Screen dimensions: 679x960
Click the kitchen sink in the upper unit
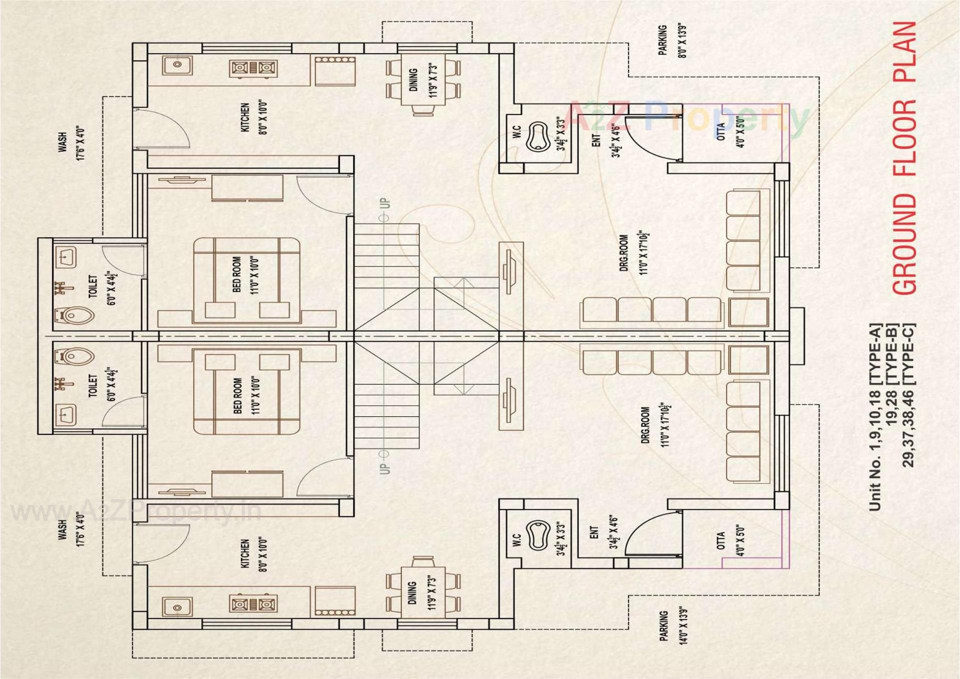click(x=177, y=65)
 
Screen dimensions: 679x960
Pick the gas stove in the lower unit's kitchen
click(x=253, y=604)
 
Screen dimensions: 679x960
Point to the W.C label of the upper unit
click(x=516, y=132)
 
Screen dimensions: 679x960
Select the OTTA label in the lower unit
click(x=720, y=540)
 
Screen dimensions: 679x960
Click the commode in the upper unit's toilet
click(x=74, y=316)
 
